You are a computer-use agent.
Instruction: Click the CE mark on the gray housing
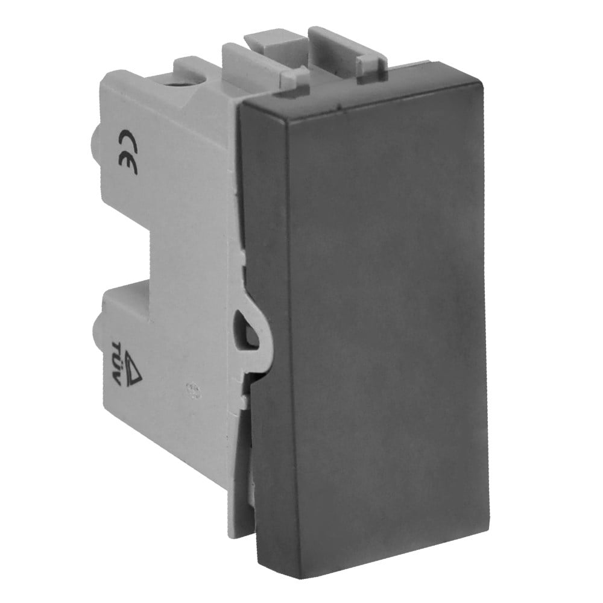[x=127, y=151]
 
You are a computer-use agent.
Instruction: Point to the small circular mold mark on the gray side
[x=191, y=389]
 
